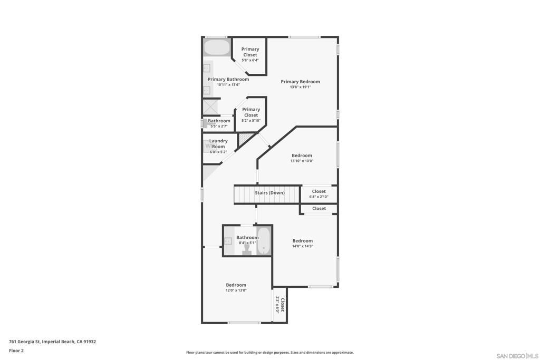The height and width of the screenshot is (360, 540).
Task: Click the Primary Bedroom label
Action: (300, 82)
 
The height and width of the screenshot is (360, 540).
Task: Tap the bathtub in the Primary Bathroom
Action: (217, 47)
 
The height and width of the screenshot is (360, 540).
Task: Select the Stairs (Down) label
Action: (269, 193)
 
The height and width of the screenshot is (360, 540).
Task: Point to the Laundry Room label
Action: (218, 143)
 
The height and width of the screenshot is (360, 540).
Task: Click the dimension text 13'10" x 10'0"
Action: (302, 161)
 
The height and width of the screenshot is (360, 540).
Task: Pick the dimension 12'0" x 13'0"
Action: (236, 290)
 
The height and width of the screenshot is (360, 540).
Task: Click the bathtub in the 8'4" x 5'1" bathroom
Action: (264, 240)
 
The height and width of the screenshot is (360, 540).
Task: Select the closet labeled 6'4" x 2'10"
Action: (319, 194)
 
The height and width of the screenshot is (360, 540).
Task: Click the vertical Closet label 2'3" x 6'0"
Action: (280, 305)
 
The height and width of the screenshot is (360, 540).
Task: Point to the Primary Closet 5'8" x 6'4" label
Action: (250, 54)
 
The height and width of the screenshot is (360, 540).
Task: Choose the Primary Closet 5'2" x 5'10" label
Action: (251, 115)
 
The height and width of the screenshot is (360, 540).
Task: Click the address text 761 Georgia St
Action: (25, 342)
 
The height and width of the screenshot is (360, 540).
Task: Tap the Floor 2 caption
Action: (16, 351)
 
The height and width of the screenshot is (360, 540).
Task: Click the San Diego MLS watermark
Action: (517, 356)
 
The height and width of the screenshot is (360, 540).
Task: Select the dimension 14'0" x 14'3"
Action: (302, 246)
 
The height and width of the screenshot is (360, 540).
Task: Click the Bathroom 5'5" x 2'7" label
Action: (219, 123)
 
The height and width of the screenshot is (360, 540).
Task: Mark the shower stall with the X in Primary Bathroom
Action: (210, 106)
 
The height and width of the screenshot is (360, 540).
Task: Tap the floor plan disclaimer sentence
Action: (270, 353)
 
